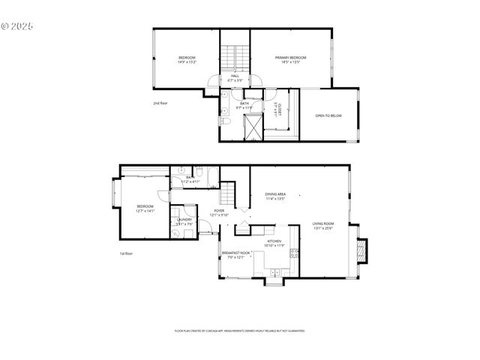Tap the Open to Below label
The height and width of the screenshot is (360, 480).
tap(328, 115)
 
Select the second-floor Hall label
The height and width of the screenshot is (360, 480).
tap(235, 76)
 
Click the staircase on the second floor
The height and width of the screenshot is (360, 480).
tap(235, 57)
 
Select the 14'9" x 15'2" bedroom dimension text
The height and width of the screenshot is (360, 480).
tap(187, 62)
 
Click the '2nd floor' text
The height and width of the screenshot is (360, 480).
tap(160, 103)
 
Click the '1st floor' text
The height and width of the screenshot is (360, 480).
tap(127, 253)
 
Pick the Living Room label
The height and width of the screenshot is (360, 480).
tap(323, 223)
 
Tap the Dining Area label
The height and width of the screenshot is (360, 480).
tap(276, 194)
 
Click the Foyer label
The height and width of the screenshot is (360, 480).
tap(219, 211)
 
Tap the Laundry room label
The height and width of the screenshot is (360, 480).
tap(184, 219)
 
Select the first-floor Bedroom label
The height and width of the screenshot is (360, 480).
tap(145, 206)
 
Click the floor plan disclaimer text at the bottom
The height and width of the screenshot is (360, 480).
tap(239, 330)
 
